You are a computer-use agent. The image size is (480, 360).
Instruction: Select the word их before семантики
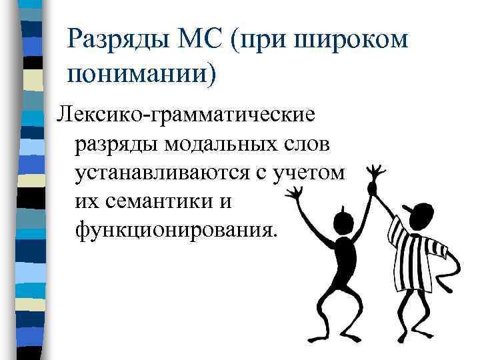[x=89, y=199]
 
